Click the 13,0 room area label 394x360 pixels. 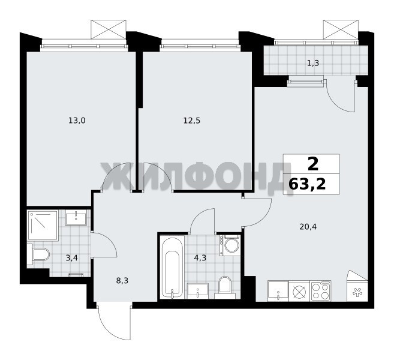click(x=77, y=121)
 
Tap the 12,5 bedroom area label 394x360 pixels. click(x=192, y=121)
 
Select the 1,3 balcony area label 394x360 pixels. click(x=313, y=63)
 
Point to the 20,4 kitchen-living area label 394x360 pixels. click(x=308, y=227)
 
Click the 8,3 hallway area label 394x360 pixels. click(x=122, y=281)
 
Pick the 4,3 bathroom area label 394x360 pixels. click(x=200, y=258)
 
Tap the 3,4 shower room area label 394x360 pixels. click(x=71, y=258)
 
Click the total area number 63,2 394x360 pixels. click(x=307, y=185)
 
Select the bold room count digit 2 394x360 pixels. click(x=313, y=164)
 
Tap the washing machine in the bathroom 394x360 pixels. click(x=230, y=245)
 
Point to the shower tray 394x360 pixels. click(x=43, y=226)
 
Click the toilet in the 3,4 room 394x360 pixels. click(x=39, y=254)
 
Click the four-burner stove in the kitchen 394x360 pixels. click(x=321, y=291)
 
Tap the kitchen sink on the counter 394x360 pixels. click(x=278, y=291)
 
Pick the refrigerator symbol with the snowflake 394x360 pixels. click(x=357, y=292)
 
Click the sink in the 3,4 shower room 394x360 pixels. click(x=76, y=218)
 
